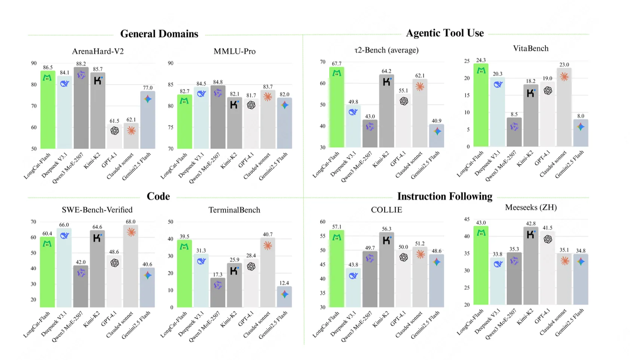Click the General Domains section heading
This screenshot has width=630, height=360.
pos(159,34)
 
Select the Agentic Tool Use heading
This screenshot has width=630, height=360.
pos(445,33)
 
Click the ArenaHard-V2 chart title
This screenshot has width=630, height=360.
pos(98,51)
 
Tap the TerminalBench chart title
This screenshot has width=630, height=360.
pos(234,210)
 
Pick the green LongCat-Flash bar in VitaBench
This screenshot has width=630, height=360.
pos(481,109)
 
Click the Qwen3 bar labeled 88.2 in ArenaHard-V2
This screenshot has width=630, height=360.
pos(81,109)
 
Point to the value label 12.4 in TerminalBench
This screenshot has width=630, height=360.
pos(284,283)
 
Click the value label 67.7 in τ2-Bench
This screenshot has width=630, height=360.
pos(337,64)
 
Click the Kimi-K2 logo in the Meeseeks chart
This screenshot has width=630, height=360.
pos(531,235)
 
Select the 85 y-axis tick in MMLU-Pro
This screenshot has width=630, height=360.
pos(171,85)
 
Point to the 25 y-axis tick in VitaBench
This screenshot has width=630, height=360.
pos(467,61)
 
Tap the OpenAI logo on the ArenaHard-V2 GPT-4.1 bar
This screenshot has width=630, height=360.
pos(114,131)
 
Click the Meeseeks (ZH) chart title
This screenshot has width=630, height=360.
pos(531,207)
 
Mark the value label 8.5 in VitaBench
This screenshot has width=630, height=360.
pos(514,114)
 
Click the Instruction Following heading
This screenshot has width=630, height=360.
pos(445,196)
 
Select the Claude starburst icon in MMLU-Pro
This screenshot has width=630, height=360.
pos(267,97)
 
